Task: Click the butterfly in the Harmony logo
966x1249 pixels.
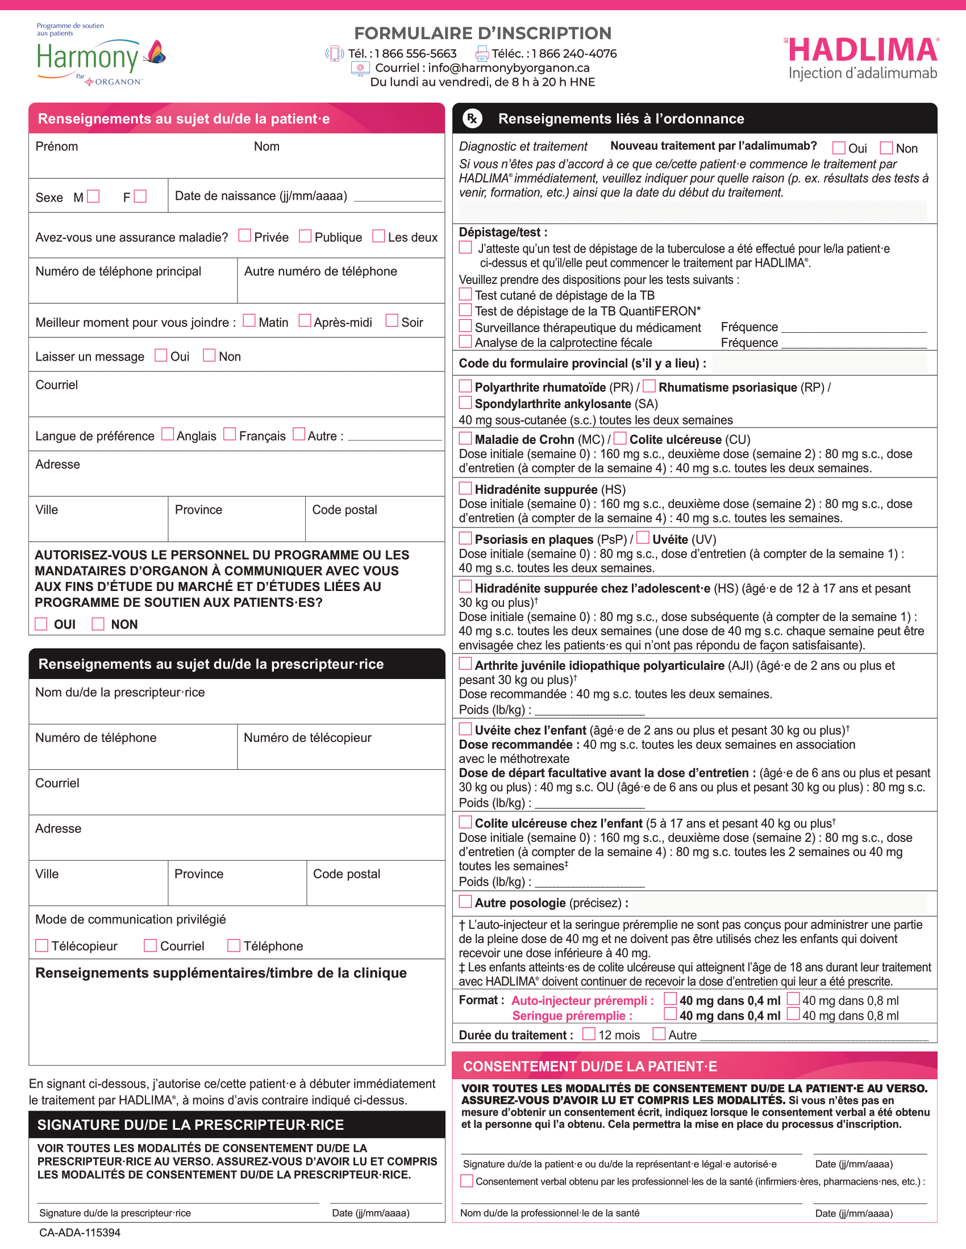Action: [x=156, y=53]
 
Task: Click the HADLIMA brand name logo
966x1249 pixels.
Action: [x=863, y=51]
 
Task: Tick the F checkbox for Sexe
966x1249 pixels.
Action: [x=140, y=197]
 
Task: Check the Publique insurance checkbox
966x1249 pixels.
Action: [x=306, y=236]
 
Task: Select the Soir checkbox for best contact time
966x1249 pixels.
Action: [x=392, y=320]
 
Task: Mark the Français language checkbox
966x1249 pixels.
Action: [x=230, y=435]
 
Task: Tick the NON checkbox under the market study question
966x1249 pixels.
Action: [x=98, y=624]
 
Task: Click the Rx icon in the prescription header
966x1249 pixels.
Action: [x=472, y=119]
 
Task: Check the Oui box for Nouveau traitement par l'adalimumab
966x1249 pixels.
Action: [x=839, y=148]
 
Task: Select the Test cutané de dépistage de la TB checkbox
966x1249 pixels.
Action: [x=466, y=295]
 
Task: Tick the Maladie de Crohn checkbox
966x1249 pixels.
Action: [x=466, y=439]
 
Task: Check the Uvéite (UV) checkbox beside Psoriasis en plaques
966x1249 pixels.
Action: [x=643, y=538]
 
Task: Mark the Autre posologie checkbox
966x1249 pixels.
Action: [x=466, y=902]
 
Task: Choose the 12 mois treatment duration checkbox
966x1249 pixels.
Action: [x=589, y=1034]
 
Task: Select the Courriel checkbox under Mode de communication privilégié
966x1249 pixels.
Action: [x=151, y=946]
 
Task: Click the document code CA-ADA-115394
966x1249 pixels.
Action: [x=80, y=1233]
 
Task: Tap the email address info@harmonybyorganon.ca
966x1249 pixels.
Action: [x=508, y=68]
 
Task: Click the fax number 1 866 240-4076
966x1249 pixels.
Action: [x=574, y=54]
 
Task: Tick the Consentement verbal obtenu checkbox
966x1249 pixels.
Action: [x=467, y=1181]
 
